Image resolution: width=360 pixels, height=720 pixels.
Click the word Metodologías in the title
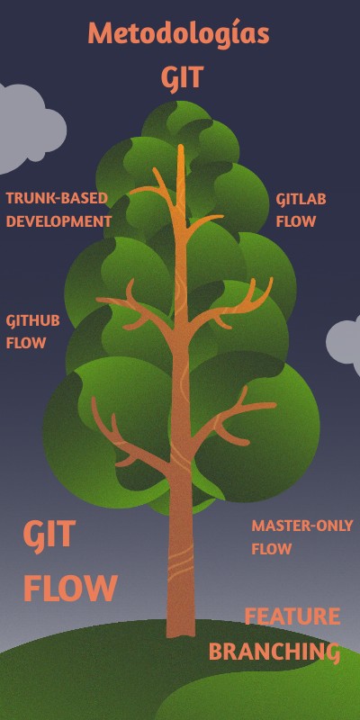pyautogui.click(x=178, y=34)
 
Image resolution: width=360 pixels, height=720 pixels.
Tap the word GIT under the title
pyautogui.click(x=182, y=78)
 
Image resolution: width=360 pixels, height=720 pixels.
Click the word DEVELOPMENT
pyautogui.click(x=59, y=220)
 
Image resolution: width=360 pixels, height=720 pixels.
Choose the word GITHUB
pyautogui.click(x=33, y=321)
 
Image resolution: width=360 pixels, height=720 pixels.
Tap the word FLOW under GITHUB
pyautogui.click(x=25, y=343)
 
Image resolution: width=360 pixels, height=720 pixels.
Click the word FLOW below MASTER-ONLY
pyautogui.click(x=271, y=549)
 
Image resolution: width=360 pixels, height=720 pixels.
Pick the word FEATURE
pyautogui.click(x=292, y=617)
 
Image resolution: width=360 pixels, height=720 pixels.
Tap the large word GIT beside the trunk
pyautogui.click(x=49, y=535)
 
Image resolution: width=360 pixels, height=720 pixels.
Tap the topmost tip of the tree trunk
pyautogui.click(x=181, y=148)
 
